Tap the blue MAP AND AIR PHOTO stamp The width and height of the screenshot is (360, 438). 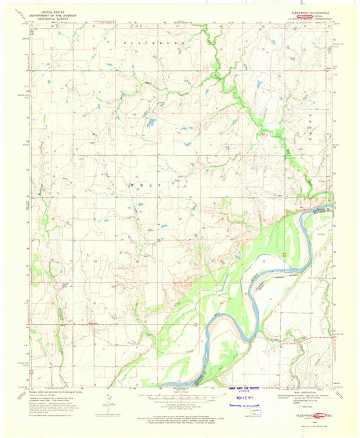(238, 389)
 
